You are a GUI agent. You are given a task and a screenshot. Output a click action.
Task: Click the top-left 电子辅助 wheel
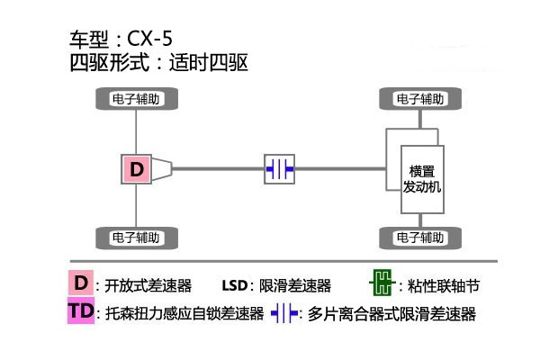click(x=135, y=99)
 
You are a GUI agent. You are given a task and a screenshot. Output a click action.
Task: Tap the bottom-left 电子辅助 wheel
click(x=135, y=238)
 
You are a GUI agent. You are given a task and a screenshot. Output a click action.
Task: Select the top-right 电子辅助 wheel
click(x=418, y=99)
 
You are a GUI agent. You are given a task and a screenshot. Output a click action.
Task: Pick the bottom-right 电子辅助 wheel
click(x=418, y=238)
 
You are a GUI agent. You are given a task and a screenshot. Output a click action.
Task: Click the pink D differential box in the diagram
click(x=136, y=168)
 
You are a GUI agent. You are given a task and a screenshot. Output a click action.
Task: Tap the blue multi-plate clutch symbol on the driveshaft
click(x=279, y=168)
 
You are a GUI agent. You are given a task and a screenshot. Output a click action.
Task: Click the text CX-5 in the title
click(x=148, y=39)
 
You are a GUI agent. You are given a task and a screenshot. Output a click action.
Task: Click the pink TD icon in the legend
click(x=81, y=312)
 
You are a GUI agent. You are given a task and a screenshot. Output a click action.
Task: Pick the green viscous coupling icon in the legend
click(x=382, y=285)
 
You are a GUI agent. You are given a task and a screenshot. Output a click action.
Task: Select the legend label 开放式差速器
click(x=148, y=286)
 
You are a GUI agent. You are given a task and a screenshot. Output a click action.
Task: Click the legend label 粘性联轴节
click(x=444, y=286)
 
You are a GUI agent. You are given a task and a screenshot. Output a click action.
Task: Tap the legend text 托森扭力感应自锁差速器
click(x=183, y=314)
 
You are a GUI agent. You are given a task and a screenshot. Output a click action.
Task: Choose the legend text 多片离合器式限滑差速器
click(x=391, y=314)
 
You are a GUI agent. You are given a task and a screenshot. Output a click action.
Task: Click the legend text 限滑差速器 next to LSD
click(x=295, y=286)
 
